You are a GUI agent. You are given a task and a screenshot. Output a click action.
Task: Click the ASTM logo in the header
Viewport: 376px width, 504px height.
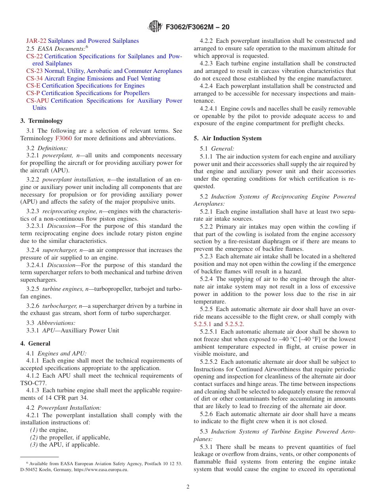click(155, 27)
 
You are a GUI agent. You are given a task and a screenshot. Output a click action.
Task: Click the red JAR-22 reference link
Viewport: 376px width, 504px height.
click(36, 41)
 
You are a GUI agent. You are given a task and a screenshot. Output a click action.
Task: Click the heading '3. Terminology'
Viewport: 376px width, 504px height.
click(42, 121)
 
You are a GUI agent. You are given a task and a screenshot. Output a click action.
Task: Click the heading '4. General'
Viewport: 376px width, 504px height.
click(35, 344)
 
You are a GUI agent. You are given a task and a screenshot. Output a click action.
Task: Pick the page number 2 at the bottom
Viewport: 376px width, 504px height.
click(188, 487)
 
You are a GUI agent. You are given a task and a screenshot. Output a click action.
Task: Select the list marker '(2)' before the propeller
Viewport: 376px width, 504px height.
click(34, 437)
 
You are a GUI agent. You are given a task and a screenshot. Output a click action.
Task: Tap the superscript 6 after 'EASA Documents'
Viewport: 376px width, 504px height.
click(87, 46)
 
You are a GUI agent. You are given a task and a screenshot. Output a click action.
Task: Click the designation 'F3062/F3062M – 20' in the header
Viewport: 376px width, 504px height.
click(197, 27)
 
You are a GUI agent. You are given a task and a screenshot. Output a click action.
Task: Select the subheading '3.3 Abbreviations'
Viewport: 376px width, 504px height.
click(51, 323)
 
